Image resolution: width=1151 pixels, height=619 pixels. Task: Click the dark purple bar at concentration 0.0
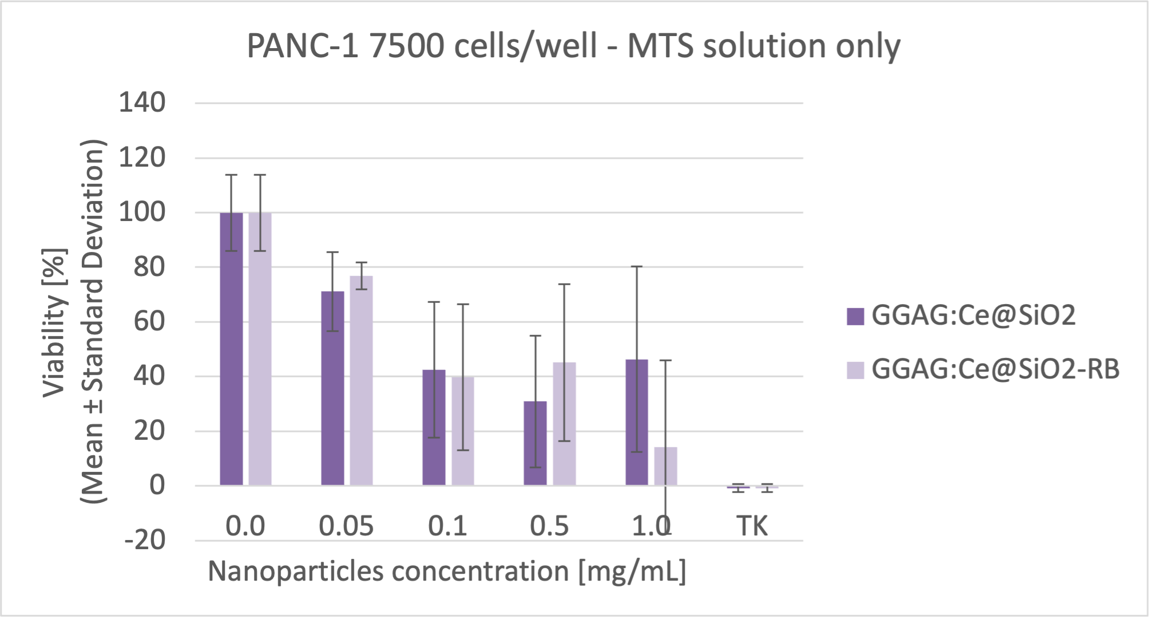pyautogui.click(x=231, y=349)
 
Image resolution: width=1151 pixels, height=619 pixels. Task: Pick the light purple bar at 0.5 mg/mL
pyautogui.click(x=564, y=424)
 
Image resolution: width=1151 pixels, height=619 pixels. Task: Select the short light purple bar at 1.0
pyautogui.click(x=665, y=466)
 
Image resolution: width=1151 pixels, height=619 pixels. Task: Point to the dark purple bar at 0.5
pyautogui.click(x=535, y=443)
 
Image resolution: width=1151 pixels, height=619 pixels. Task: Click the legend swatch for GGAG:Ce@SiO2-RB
pyautogui.click(x=855, y=369)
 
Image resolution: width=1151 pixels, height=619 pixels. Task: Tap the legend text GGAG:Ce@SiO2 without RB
pyautogui.click(x=973, y=316)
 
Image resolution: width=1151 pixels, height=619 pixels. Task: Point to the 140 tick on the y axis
pyautogui.click(x=142, y=103)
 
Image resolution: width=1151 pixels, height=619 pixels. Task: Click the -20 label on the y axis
pyautogui.click(x=145, y=540)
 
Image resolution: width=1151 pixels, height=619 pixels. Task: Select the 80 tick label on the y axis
pyautogui.click(x=149, y=267)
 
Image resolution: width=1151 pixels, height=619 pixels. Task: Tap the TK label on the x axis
pyautogui.click(x=752, y=526)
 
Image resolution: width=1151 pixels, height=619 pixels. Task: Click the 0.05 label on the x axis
pyautogui.click(x=346, y=526)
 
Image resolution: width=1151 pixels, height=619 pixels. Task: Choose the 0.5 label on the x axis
pyautogui.click(x=549, y=526)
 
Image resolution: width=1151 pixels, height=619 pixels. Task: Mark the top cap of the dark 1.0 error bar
pyautogui.click(x=637, y=267)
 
